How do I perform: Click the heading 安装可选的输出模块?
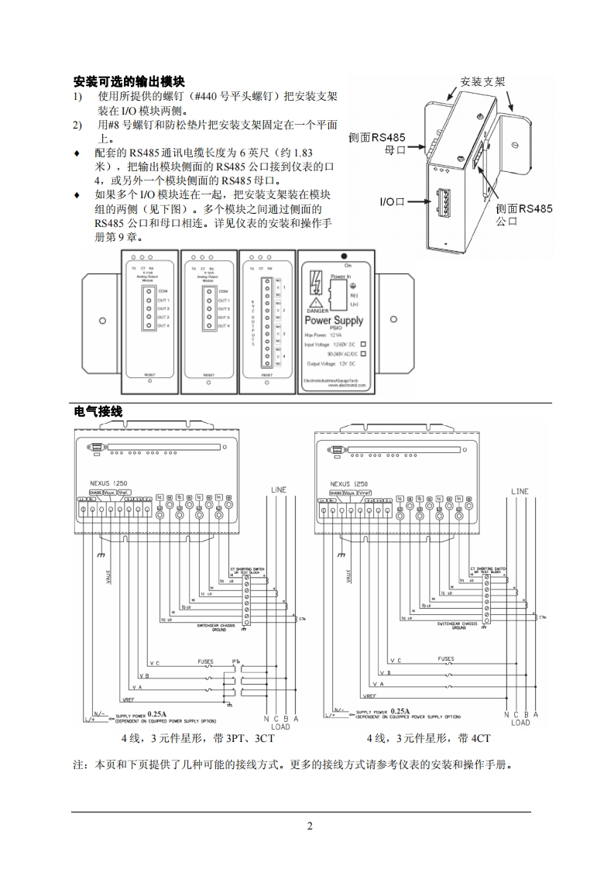[x=129, y=81]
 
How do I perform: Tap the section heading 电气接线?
[x=98, y=411]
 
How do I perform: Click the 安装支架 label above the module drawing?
[x=482, y=81]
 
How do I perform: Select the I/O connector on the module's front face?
[x=444, y=204]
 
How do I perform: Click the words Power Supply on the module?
[x=334, y=320]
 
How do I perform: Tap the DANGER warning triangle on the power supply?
[x=316, y=301]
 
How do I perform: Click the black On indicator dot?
[x=342, y=255]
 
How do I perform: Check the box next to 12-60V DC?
[x=363, y=343]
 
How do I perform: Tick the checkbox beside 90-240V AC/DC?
[x=363, y=352]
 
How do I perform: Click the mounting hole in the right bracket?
[x=393, y=319]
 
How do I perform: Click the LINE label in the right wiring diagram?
[x=520, y=491]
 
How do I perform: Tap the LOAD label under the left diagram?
[x=280, y=726]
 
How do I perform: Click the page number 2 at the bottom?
[x=309, y=826]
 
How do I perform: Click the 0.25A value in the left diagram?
[x=157, y=713]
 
